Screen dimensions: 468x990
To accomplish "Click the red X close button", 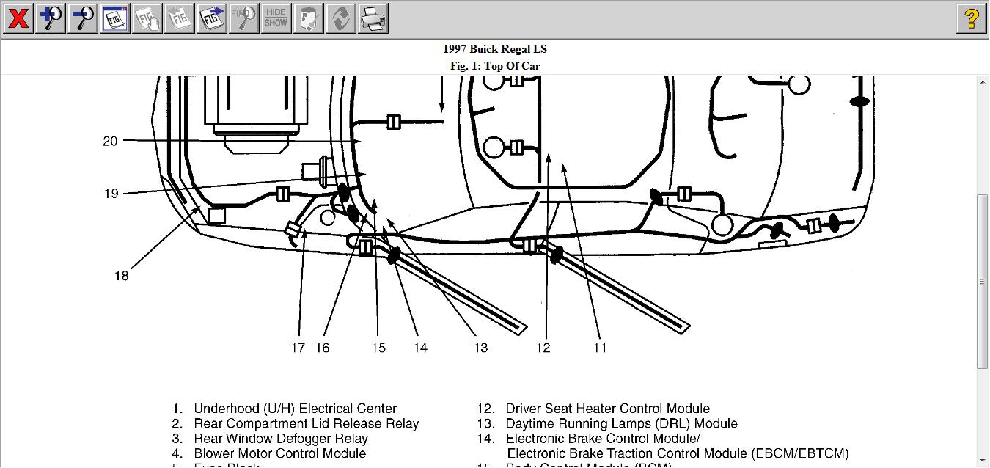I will click(18, 18).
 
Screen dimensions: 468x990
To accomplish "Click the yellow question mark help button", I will click(971, 18).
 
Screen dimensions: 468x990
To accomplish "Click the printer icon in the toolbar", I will click(373, 18).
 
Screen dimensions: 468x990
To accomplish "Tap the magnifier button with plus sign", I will click(51, 18).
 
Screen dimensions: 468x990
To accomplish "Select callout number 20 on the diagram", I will click(110, 141).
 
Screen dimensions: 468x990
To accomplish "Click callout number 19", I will click(111, 194).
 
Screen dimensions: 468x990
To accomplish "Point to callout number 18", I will click(121, 276).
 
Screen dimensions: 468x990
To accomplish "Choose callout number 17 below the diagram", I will click(298, 348).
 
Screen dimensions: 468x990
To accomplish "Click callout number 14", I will click(419, 348).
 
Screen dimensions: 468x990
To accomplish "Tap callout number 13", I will click(480, 348).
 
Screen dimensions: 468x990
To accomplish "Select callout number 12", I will click(543, 348).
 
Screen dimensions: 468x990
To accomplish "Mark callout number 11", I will click(600, 348).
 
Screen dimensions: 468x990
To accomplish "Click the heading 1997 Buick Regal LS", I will click(494, 49).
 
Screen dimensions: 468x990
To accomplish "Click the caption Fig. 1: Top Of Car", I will click(494, 66).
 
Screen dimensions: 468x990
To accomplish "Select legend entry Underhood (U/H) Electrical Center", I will click(295, 409).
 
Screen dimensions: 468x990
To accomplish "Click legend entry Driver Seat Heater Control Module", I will click(607, 409).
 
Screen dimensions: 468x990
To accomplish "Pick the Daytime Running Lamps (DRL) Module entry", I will click(621, 423).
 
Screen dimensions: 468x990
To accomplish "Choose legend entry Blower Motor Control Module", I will click(279, 453).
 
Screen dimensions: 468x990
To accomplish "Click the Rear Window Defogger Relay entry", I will click(280, 439).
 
